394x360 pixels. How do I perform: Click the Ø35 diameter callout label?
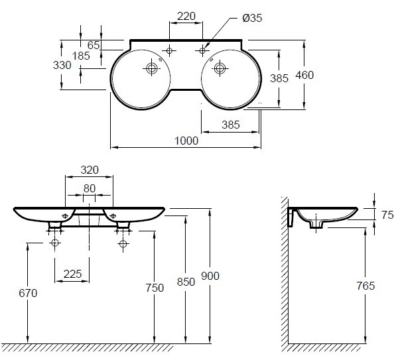click(252, 18)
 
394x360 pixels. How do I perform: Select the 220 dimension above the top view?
click(186, 17)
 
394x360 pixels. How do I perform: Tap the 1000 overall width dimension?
click(186, 141)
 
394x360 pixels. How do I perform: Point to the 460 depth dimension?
click(304, 75)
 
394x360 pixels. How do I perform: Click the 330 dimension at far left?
click(62, 66)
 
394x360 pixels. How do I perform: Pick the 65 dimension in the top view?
click(94, 45)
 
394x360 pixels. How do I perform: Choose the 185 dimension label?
click(81, 56)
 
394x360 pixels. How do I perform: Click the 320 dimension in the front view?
click(90, 170)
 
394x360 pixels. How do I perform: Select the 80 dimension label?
click(90, 188)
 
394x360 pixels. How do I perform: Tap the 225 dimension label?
click(72, 274)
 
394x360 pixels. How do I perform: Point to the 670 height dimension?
click(28, 293)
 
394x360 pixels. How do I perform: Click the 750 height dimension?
click(155, 288)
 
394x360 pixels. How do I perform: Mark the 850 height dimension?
click(186, 282)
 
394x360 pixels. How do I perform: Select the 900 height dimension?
click(210, 276)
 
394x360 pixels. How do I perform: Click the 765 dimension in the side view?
click(365, 286)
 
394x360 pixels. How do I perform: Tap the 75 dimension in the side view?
click(387, 215)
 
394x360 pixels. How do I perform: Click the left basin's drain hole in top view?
click(152, 68)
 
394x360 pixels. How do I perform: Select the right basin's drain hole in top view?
click(220, 68)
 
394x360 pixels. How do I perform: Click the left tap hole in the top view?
click(169, 51)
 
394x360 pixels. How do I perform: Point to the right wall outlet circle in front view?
click(123, 243)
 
